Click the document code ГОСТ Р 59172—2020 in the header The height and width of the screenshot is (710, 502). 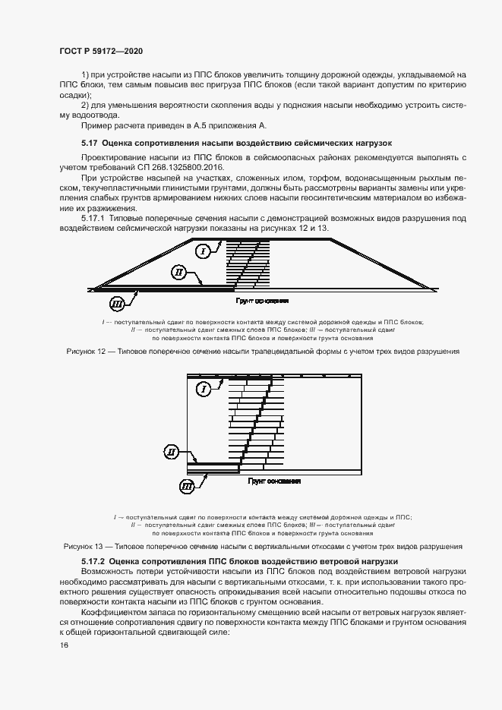(101, 50)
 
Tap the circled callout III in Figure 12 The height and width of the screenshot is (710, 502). (117, 305)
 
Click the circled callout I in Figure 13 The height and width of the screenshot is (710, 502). (203, 390)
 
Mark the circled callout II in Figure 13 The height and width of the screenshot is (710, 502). (172, 453)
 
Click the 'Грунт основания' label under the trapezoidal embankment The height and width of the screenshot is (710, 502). (263, 301)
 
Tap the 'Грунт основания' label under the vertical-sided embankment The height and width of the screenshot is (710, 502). (274, 481)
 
